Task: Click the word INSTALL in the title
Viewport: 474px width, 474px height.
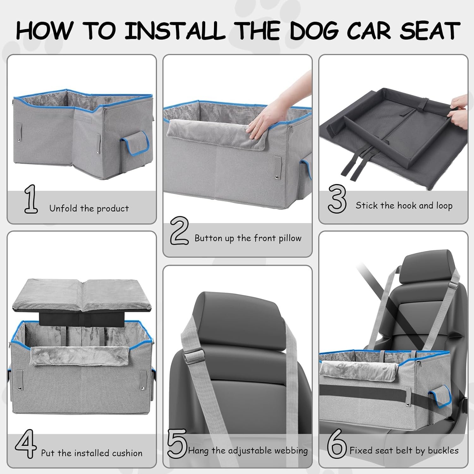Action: click(x=175, y=31)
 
